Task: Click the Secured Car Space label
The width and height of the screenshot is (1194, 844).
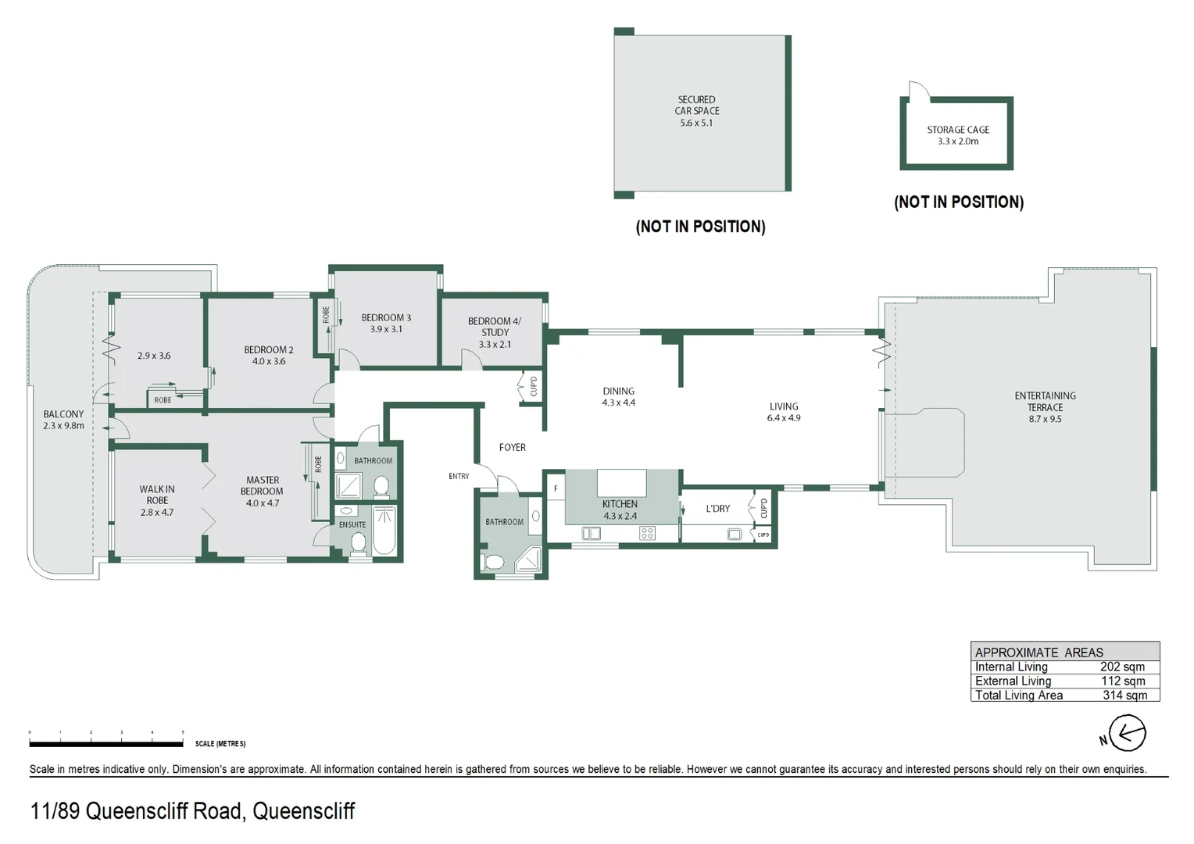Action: pos(696,111)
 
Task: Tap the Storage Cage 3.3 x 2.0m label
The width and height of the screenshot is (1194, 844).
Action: pos(958,135)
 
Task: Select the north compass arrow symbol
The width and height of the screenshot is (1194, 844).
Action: pos(1126,735)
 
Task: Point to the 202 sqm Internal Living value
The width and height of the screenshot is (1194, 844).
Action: pos(1122,667)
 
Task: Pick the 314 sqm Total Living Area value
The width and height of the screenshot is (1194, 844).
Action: pos(1124,695)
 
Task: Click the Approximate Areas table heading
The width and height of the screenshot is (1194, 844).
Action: pos(1038,652)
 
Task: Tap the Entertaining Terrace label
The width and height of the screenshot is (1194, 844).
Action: pos(1045,407)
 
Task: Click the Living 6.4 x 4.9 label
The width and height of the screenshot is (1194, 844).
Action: pos(784,412)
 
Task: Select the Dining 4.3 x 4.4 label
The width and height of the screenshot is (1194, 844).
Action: pos(618,397)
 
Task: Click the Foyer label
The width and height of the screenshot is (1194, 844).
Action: pos(513,447)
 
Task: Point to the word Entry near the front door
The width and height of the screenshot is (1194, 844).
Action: pos(459,476)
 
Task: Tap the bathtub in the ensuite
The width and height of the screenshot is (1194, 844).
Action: pos(384,531)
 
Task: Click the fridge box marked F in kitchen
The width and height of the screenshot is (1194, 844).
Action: pos(556,489)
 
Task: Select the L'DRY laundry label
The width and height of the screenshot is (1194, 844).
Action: pos(717,509)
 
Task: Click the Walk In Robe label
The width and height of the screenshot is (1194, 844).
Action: pos(157,500)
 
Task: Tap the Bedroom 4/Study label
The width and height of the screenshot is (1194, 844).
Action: pos(494,332)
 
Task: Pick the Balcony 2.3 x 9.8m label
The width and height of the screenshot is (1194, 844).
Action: pos(63,420)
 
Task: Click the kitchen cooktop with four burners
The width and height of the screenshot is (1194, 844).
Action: pos(647,533)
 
